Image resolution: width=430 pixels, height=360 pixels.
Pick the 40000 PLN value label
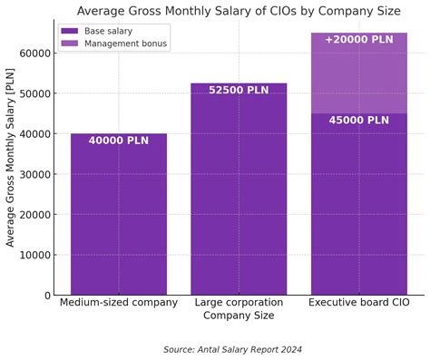coord(118,141)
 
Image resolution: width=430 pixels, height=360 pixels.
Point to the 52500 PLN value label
coord(239,91)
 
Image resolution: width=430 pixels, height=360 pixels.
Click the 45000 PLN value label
coord(358,121)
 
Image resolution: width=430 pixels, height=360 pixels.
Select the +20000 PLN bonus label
coord(358,40)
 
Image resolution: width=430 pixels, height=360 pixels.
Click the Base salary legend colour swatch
coord(70,31)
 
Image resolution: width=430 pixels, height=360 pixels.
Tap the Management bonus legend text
coord(126,44)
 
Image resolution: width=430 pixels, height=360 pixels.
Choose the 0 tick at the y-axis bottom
coord(47,296)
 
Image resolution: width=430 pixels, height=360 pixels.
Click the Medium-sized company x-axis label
coord(118,303)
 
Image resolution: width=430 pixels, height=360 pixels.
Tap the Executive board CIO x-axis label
coord(358,303)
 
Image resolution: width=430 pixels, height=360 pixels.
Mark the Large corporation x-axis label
coord(239,303)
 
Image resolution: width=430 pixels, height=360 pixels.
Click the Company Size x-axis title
coord(239,316)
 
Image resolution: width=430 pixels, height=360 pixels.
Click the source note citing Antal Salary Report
coord(232,349)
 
